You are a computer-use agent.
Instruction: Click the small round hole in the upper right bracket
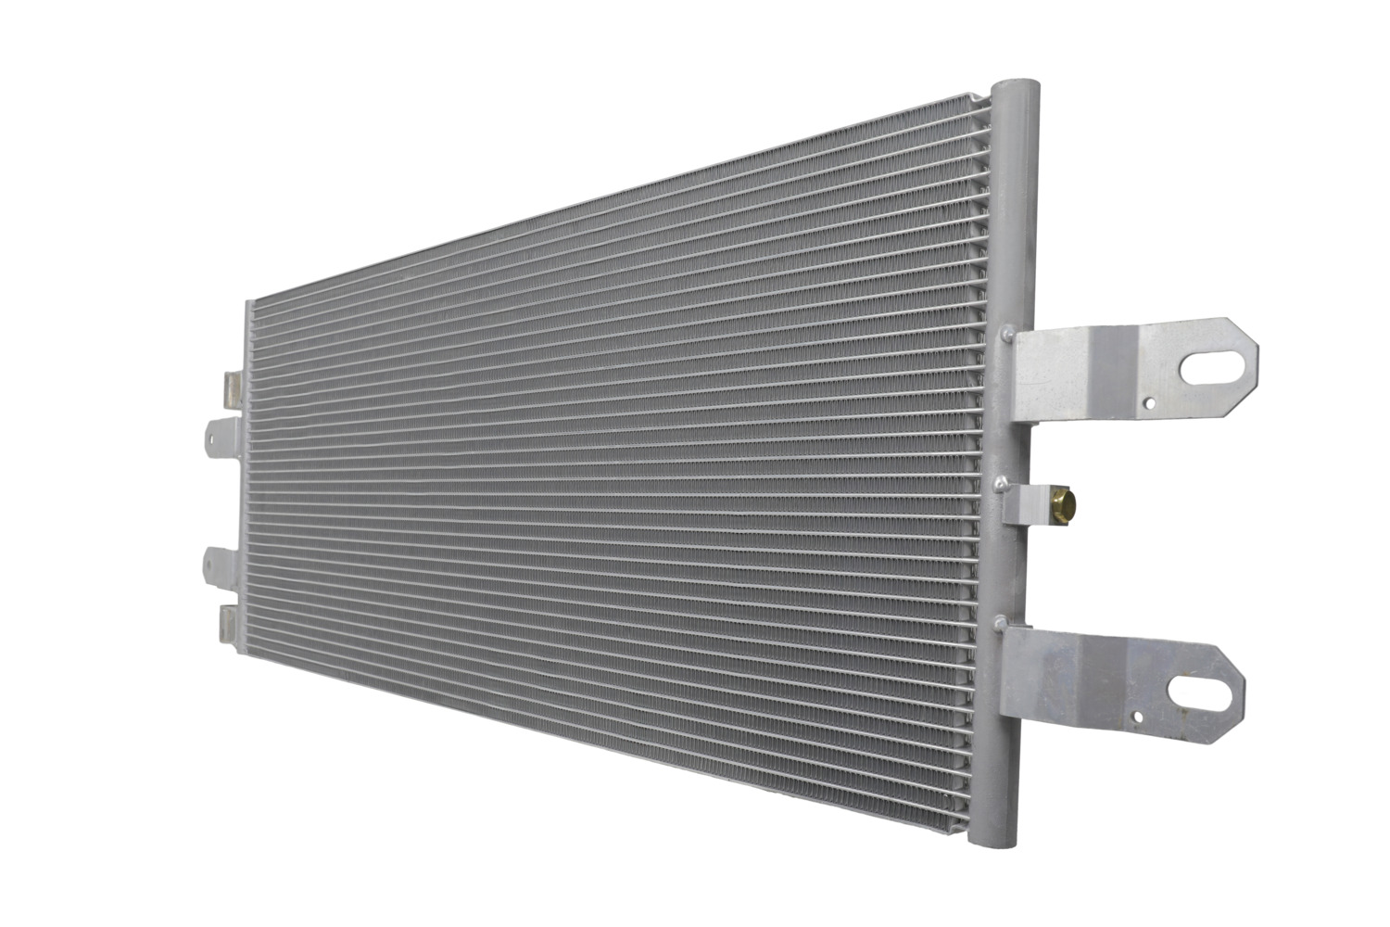coord(1149,403)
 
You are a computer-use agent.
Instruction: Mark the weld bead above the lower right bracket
coord(998,621)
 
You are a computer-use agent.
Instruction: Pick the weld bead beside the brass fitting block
coord(1001,482)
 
